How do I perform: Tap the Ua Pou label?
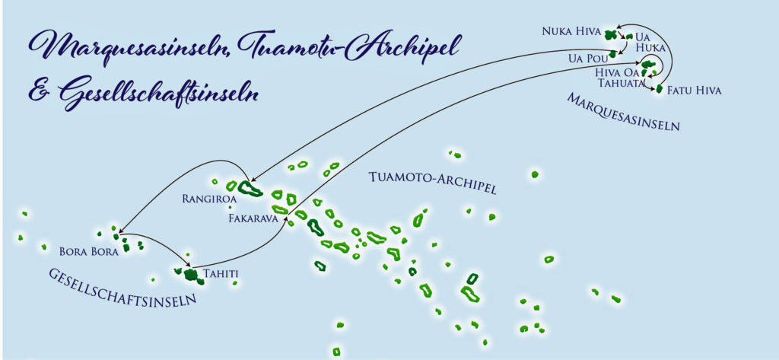[x=586, y=58]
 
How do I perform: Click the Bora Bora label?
[x=89, y=250]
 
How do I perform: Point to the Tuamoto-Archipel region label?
[x=432, y=183]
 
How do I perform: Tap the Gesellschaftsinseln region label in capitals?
[x=122, y=287]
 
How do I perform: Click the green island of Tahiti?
[x=190, y=275]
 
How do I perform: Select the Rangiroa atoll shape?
[x=250, y=187]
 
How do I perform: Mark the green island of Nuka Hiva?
[x=610, y=34]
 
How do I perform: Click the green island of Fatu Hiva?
[x=660, y=90]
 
